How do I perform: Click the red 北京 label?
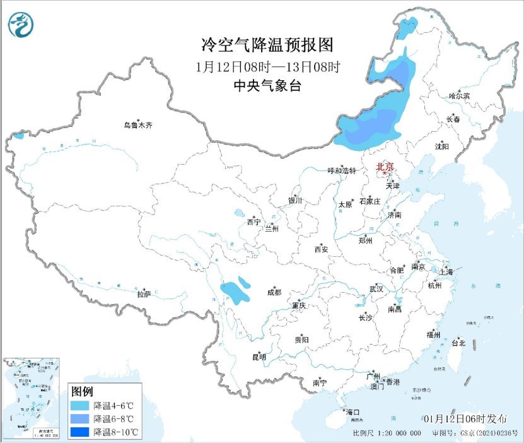pyautogui.click(x=385, y=167)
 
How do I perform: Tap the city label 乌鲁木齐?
pyautogui.click(x=137, y=125)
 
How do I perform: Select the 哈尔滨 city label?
pyautogui.click(x=459, y=96)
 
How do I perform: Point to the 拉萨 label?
pyautogui.click(x=144, y=294)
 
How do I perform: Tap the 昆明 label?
pyautogui.click(x=259, y=357)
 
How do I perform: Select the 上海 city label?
pyautogui.click(x=446, y=271)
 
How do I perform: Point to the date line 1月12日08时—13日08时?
pyautogui.click(x=262, y=66)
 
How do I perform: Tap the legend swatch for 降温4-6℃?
pyautogui.click(x=81, y=405)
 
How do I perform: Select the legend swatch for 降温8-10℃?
pyautogui.click(x=81, y=432)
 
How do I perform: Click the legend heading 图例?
pyautogui.click(x=83, y=391)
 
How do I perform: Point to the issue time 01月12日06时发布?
pyautogui.click(x=465, y=419)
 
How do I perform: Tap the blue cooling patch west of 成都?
pyautogui.click(x=235, y=292)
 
